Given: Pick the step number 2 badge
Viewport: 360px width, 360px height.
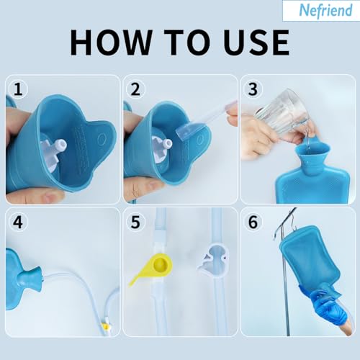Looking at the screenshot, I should click(x=134, y=89).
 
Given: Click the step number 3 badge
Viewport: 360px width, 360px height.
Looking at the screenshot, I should click(x=253, y=89).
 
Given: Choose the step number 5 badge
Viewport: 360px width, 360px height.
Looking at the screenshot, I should click(x=134, y=222).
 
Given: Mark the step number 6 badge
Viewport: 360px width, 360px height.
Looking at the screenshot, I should click(x=253, y=222).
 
